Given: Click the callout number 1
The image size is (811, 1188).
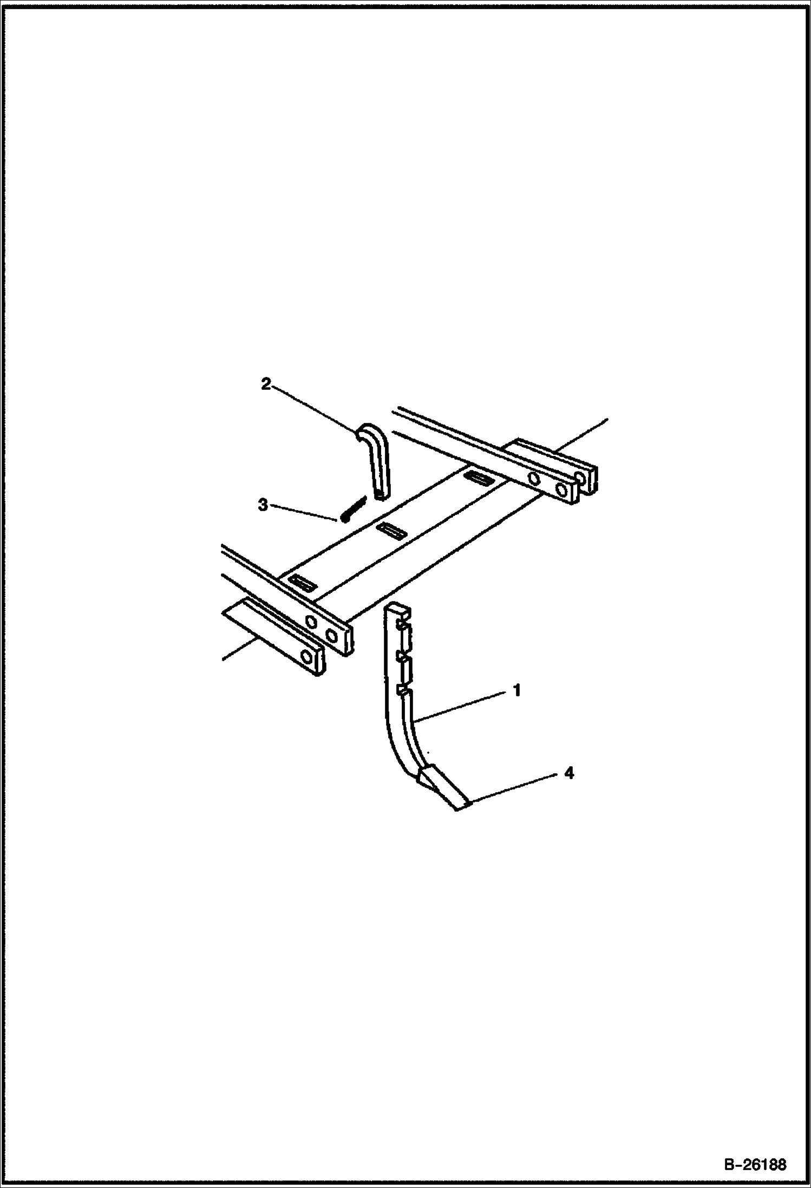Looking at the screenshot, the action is coord(517,691).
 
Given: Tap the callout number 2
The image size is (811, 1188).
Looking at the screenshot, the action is coord(266,384).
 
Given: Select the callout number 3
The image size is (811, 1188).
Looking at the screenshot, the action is coord(263,505).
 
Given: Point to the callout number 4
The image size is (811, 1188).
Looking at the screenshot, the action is coord(569,773).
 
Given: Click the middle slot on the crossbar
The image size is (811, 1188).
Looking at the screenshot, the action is coord(391,530).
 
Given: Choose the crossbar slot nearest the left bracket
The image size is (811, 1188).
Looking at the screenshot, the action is coord(303,583).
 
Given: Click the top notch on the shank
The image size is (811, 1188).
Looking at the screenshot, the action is coord(404,626).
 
